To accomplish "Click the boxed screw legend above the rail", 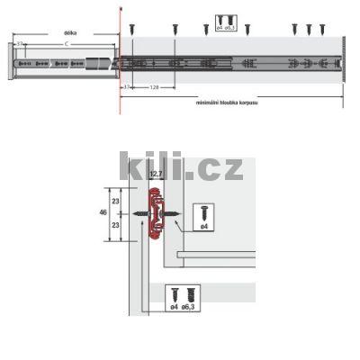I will click(x=229, y=22).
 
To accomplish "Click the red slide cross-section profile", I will click(x=157, y=214).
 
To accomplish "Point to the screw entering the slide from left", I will click(x=142, y=214).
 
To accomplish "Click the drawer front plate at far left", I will click(x=11, y=63).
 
